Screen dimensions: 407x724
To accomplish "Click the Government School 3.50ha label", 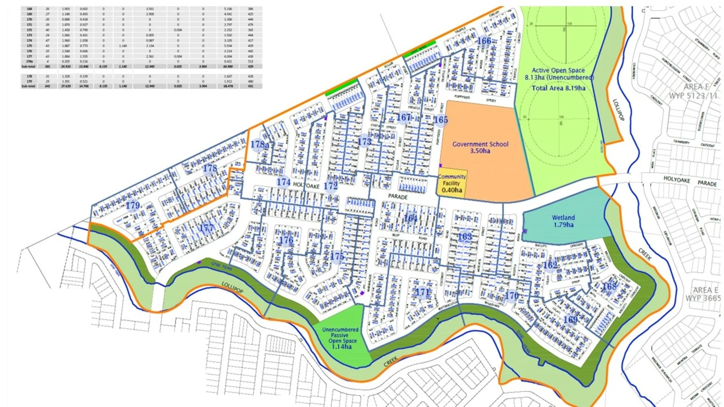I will [x=480, y=148].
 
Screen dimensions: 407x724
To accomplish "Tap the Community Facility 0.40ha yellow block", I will [x=452, y=183].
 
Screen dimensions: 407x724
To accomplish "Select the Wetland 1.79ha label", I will [x=563, y=221].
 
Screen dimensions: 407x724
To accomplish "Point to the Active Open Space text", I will [x=558, y=70].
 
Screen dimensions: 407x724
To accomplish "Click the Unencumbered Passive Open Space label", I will [x=340, y=338].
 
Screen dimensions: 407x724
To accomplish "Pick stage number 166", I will [x=484, y=41].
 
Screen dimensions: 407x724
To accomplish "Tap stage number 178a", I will [x=260, y=144].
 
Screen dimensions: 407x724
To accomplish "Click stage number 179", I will [x=133, y=205].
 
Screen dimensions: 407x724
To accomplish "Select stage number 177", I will [x=206, y=228].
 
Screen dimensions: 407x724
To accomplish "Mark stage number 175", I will [x=337, y=256].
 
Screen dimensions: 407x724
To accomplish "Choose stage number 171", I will [x=422, y=292].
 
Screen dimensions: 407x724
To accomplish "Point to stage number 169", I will [x=570, y=319].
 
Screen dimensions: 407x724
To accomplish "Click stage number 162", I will [x=550, y=265].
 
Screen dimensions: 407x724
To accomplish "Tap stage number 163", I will [x=465, y=236].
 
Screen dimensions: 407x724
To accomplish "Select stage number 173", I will [x=364, y=141].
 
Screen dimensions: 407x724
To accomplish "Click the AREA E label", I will [x=705, y=290].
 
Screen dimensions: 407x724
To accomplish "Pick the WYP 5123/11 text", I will [x=693, y=95].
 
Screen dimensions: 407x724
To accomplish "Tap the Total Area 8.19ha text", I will [x=558, y=88].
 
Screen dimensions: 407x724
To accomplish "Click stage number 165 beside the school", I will [x=441, y=120].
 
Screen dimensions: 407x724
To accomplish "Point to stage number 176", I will [x=286, y=240].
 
